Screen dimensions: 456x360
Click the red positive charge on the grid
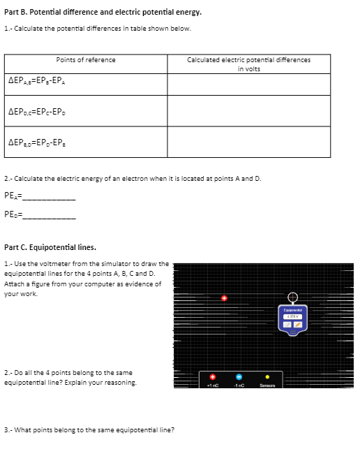[224, 298]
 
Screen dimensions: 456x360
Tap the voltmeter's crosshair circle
[292, 295]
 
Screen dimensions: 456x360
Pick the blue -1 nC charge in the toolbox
[238, 377]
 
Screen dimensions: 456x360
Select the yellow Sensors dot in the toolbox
[267, 377]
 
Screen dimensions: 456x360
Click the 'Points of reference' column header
[86, 60]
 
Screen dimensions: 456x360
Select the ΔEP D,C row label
[38, 110]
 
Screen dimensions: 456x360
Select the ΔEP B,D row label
[38, 142]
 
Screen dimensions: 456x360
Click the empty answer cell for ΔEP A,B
[248, 84]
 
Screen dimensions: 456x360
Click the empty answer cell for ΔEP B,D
[248, 142]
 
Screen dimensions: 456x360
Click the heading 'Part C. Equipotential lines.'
[50, 247]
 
